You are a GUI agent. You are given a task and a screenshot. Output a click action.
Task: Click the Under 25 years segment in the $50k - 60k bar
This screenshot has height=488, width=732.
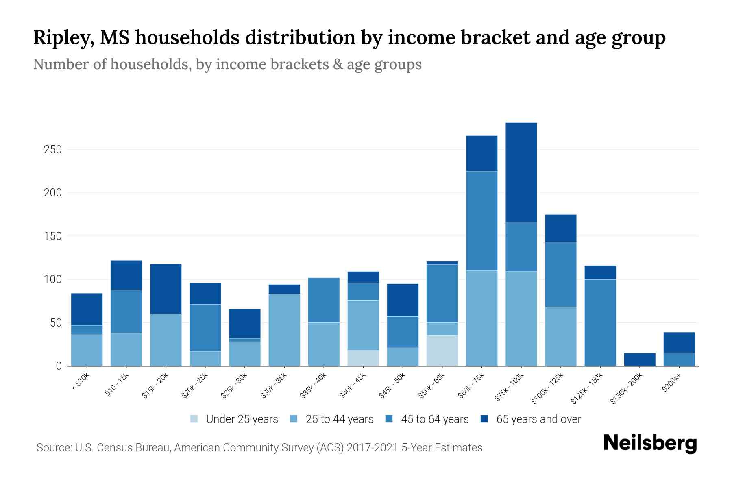coord(442,351)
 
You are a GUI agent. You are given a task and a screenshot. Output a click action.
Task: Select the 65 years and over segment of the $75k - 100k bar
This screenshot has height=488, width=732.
coord(521,172)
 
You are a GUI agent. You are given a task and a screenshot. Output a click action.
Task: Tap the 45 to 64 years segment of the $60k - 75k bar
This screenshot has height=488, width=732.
coord(481,221)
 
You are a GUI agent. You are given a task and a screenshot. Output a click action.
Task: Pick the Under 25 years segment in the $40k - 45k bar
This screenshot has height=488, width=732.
coord(363,358)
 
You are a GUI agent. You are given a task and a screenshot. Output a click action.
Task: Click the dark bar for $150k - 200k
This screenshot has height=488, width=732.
coord(639,359)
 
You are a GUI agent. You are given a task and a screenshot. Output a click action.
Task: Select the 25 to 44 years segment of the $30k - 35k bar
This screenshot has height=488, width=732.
coord(284,330)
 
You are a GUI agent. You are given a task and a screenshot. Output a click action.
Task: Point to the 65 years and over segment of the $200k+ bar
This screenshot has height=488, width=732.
coord(679,342)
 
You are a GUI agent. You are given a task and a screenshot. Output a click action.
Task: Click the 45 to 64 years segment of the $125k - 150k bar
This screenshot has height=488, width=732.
coord(600,322)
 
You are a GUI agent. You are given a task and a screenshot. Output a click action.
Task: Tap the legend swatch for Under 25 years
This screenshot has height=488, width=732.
coord(194,419)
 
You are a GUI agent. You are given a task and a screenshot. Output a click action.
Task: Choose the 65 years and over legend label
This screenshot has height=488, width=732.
coord(538,419)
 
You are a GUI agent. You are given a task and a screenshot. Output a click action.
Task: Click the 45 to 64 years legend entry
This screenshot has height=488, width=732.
coord(434,419)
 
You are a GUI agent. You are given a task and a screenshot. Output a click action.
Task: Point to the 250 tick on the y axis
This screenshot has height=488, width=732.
coord(52,150)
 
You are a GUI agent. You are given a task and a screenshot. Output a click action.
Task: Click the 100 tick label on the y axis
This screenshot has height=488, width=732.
coord(52,280)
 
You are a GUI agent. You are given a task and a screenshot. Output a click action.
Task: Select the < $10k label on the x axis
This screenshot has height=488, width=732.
coord(81,382)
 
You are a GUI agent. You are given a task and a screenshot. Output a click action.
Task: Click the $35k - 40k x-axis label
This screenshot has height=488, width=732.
coord(313,386)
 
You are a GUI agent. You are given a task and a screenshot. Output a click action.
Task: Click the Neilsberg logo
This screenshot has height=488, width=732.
coord(650,443)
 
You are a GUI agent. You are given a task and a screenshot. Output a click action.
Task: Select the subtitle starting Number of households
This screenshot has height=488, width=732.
coord(227,64)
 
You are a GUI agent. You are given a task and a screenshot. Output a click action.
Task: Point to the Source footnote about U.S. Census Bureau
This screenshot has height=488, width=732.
coord(259,448)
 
